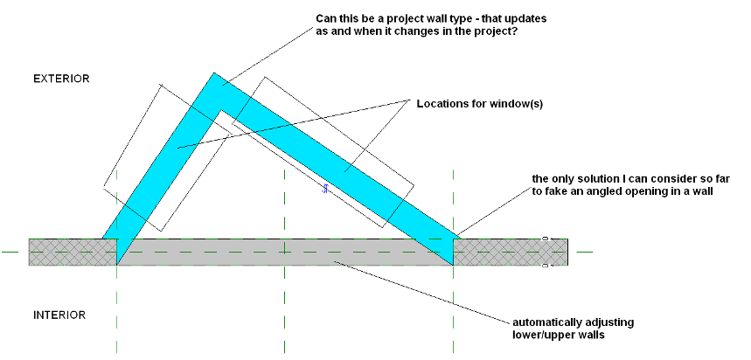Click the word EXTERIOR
pos(61,79)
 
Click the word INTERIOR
pos(59,315)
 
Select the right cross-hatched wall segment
pos(511,252)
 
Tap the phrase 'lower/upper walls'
pos(560,335)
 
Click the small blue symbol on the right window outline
pos(324,189)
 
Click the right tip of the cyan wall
pos(456,238)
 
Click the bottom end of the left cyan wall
pos(116,260)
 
